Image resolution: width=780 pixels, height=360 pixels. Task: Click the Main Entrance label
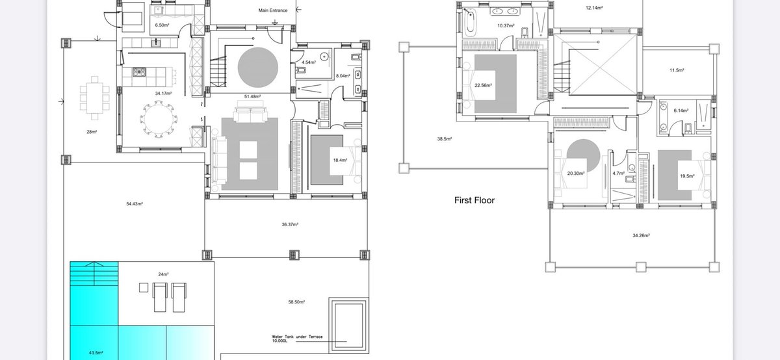click(272, 10)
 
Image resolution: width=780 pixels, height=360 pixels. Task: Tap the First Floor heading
click(474, 200)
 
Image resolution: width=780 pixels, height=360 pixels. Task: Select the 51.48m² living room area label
click(252, 96)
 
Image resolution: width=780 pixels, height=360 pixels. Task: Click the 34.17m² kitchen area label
click(163, 94)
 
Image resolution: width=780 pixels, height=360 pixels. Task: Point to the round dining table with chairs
click(159, 119)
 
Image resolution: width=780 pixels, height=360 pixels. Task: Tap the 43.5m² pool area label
click(96, 353)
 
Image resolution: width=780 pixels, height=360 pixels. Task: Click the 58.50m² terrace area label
click(296, 302)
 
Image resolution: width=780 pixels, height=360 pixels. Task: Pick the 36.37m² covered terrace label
click(290, 225)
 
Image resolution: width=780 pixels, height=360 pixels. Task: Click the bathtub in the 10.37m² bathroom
click(470, 22)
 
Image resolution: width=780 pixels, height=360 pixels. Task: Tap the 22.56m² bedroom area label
click(483, 85)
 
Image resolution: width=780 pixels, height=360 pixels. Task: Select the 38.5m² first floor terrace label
click(445, 139)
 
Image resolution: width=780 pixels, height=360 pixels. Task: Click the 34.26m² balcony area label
click(641, 235)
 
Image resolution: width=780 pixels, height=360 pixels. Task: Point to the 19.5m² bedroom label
click(687, 176)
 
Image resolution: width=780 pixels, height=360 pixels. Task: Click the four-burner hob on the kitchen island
click(139, 72)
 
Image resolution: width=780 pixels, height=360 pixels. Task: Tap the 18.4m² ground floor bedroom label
click(340, 160)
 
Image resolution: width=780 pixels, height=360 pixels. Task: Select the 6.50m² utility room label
click(162, 25)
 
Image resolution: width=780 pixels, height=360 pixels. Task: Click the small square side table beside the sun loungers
click(144, 288)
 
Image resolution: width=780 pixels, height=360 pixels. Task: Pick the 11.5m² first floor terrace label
click(677, 70)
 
